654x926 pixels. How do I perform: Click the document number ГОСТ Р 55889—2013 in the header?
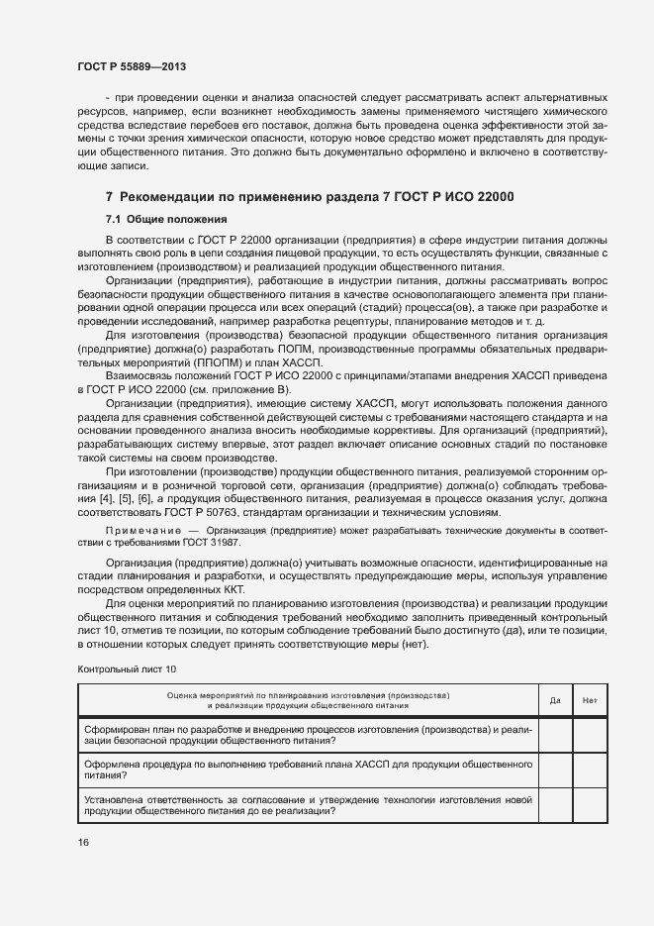[132, 67]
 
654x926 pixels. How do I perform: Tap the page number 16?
[84, 842]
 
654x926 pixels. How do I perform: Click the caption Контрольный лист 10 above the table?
[127, 669]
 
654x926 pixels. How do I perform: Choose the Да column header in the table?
[555, 701]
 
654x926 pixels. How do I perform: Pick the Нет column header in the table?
[591, 701]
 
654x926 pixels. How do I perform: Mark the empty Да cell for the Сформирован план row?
[555, 734]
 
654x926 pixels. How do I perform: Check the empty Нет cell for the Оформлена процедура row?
[591, 770]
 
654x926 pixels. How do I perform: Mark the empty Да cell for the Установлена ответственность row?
[555, 805]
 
